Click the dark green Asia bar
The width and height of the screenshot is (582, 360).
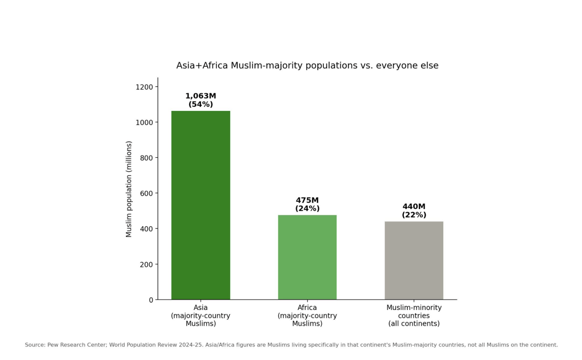tap(201, 205)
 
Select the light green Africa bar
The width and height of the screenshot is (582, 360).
tap(307, 257)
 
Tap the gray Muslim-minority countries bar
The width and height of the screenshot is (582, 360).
tap(414, 260)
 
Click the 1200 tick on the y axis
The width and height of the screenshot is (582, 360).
tap(144, 87)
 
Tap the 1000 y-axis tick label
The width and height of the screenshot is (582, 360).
tap(144, 123)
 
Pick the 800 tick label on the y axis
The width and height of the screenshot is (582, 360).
tap(146, 158)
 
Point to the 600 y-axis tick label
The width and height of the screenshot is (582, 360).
tap(146, 194)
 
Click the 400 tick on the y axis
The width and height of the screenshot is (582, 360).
tap(146, 229)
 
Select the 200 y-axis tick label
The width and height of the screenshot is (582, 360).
tap(146, 265)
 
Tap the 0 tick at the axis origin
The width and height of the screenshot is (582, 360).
tap(151, 300)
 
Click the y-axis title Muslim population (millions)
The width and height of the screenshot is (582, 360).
tap(129, 189)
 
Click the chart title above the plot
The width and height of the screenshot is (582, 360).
tap(307, 65)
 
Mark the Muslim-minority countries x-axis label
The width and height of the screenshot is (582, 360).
tap(414, 315)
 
